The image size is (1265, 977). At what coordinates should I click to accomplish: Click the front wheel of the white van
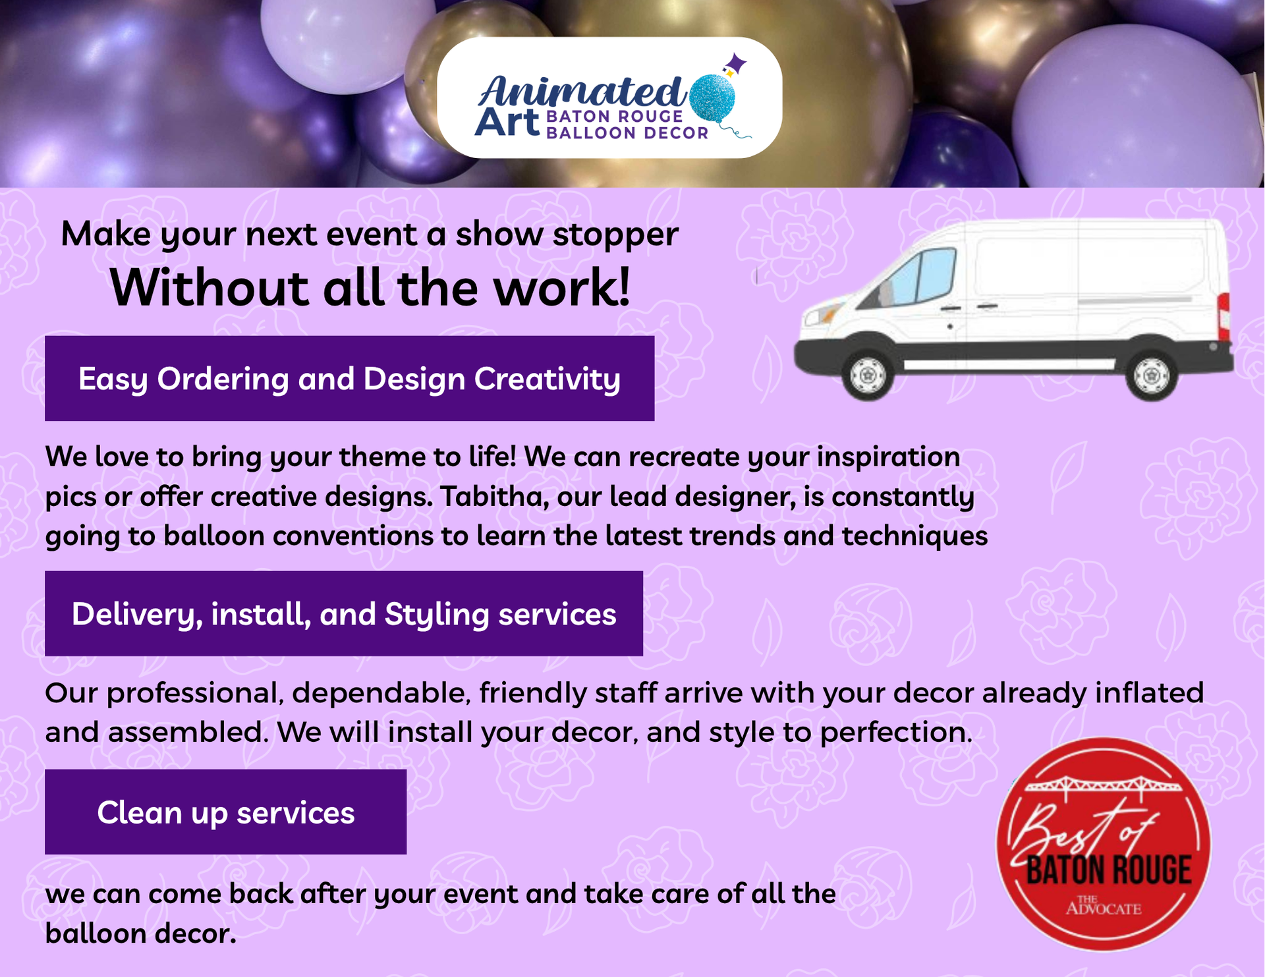pyautogui.click(x=868, y=375)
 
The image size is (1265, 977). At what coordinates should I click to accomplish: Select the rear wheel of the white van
pyautogui.click(x=1152, y=375)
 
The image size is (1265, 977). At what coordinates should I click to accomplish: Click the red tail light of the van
pyautogui.click(x=1223, y=317)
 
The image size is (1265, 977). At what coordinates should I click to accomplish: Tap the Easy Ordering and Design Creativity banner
pyautogui.click(x=349, y=378)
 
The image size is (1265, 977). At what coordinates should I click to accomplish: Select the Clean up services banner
pyautogui.click(x=225, y=812)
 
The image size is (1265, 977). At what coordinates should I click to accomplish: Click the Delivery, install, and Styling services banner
pyautogui.click(x=344, y=613)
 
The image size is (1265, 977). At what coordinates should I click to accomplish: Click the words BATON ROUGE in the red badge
pyautogui.click(x=1109, y=870)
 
